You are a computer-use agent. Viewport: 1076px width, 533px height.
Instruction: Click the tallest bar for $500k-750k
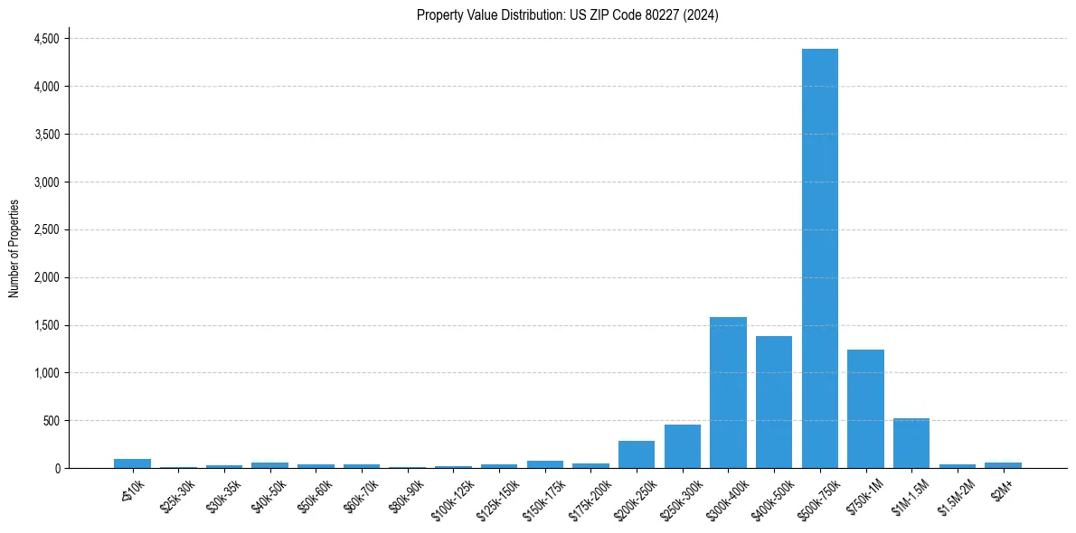point(819,258)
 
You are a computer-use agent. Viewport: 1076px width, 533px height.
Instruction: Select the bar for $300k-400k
point(728,393)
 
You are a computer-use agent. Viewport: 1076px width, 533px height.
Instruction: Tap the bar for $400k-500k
point(774,402)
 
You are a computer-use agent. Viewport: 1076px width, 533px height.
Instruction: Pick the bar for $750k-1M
point(865,409)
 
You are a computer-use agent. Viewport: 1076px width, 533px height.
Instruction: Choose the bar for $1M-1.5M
point(911,444)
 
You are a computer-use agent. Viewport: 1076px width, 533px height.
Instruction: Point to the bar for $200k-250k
point(637,454)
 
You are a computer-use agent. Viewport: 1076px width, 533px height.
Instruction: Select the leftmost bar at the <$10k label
point(132,463)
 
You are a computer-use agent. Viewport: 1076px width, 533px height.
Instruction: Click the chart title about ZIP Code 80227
point(568,15)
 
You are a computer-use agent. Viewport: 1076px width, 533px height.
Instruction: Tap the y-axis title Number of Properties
point(14,248)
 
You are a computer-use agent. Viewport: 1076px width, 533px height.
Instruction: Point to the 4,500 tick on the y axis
point(46,39)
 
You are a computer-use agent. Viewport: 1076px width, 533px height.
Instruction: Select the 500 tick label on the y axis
point(51,421)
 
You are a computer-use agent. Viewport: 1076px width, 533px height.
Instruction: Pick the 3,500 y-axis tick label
point(46,135)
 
